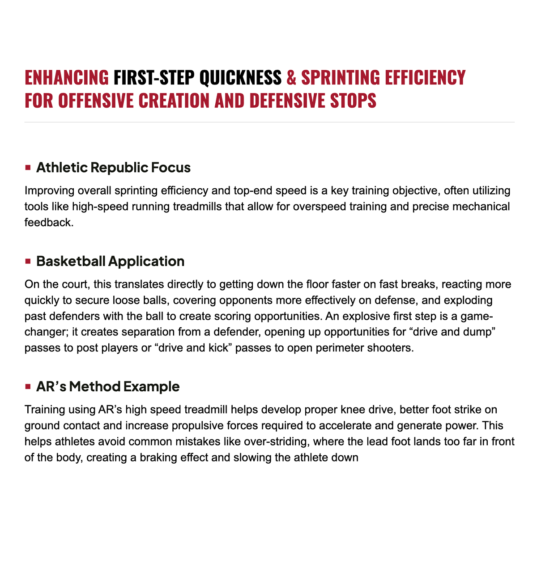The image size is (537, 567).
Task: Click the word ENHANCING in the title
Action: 67,78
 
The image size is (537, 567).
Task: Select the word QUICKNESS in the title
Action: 240,78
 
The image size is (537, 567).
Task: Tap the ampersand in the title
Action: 291,78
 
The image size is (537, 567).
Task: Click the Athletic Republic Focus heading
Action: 113,168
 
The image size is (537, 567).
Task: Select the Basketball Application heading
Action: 110,261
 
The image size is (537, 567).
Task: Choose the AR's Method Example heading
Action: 108,386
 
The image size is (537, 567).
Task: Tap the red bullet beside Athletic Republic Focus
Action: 28,168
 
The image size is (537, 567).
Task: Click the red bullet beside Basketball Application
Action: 28,261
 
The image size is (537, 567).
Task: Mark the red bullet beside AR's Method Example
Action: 28,386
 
